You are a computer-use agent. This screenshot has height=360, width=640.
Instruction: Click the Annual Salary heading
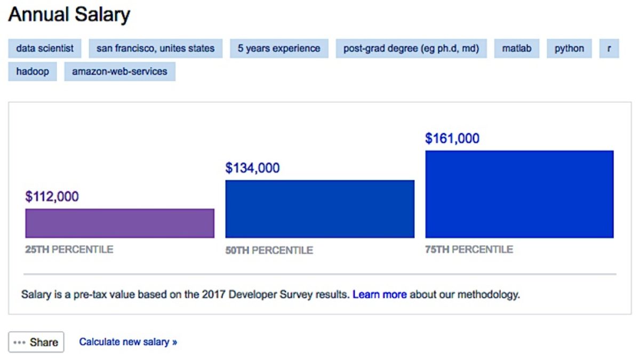pyautogui.click(x=69, y=15)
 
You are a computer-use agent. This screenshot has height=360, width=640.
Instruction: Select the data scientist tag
pyautogui.click(x=45, y=49)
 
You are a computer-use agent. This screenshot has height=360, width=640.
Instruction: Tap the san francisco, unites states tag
pyautogui.click(x=155, y=49)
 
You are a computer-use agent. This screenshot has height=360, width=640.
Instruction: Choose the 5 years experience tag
pyautogui.click(x=279, y=49)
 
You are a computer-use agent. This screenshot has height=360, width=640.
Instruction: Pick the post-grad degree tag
pyautogui.click(x=411, y=49)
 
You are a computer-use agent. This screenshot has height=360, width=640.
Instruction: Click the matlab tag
pyautogui.click(x=516, y=49)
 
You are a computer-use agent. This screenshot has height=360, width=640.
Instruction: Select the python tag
pyautogui.click(x=569, y=49)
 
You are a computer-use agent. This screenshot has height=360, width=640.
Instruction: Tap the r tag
pyautogui.click(x=609, y=49)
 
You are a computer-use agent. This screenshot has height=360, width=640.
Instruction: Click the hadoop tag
pyautogui.click(x=32, y=71)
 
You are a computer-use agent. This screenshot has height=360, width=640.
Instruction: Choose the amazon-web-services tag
pyautogui.click(x=119, y=71)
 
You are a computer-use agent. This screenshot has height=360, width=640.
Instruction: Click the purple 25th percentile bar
pyautogui.click(x=119, y=223)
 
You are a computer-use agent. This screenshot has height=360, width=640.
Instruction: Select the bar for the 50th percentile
pyautogui.click(x=319, y=209)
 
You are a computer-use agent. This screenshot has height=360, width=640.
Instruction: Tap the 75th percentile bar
pyautogui.click(x=519, y=194)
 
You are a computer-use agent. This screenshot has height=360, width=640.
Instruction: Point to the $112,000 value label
pyautogui.click(x=52, y=197)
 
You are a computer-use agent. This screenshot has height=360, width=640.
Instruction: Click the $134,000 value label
pyautogui.click(x=252, y=168)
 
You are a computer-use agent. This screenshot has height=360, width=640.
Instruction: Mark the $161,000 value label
pyautogui.click(x=452, y=139)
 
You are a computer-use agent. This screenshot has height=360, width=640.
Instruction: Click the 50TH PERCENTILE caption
pyautogui.click(x=269, y=250)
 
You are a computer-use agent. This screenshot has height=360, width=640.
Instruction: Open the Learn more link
pyautogui.click(x=379, y=294)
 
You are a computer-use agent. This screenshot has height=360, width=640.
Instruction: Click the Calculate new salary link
pyautogui.click(x=128, y=342)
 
